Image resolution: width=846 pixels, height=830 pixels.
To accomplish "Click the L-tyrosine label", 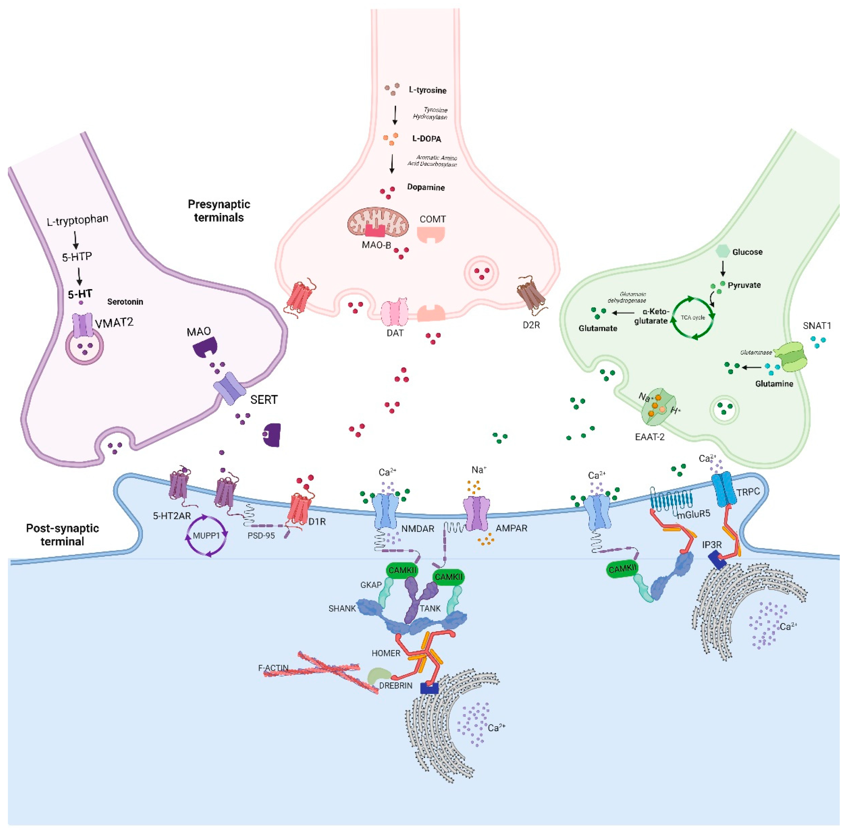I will pyautogui.click(x=427, y=90).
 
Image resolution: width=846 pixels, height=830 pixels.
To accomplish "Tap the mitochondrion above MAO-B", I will pyautogui.click(x=378, y=221).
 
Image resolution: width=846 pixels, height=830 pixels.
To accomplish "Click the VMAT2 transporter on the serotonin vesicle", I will pyautogui.click(x=83, y=325).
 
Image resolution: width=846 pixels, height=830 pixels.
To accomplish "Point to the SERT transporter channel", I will pyautogui.click(x=230, y=388).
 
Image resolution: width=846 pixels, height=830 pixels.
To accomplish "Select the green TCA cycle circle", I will pyautogui.click(x=692, y=318).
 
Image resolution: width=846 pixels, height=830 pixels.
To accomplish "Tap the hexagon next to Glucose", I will pyautogui.click(x=722, y=251).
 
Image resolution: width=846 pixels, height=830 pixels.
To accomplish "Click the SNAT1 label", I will pyautogui.click(x=816, y=326).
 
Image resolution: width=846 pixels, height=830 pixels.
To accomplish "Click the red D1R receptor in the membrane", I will pyautogui.click(x=300, y=508).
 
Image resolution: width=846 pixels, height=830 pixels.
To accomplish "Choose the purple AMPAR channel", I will pyautogui.click(x=476, y=514).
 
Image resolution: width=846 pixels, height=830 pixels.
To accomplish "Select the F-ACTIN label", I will pyautogui.click(x=273, y=668).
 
